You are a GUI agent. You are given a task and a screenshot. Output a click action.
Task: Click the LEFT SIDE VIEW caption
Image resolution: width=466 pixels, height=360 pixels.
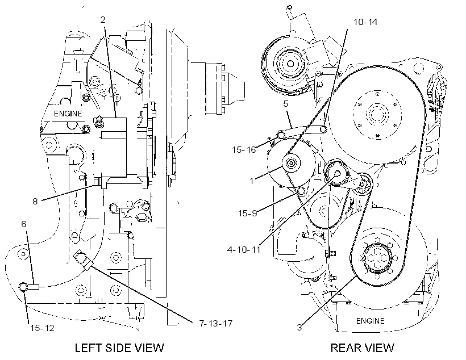coord(119,348)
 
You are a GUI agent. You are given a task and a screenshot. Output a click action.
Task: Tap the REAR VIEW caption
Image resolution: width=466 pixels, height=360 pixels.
coord(362,348)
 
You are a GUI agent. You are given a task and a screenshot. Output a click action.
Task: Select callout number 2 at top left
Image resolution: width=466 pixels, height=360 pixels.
coord(103,20)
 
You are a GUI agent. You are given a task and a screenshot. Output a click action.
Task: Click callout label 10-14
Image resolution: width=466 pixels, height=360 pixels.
coord(365,22)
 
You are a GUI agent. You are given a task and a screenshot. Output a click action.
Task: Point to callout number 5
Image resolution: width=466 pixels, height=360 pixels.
coord(286,104)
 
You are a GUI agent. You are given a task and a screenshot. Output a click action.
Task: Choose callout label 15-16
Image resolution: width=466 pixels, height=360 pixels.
coord(244,149)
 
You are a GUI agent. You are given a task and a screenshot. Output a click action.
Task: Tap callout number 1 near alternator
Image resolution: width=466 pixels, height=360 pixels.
coord(252,181)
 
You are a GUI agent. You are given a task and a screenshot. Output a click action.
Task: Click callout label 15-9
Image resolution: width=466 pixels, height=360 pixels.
coord(248,213)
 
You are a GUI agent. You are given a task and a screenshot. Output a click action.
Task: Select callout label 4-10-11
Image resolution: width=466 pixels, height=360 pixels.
coord(243,249)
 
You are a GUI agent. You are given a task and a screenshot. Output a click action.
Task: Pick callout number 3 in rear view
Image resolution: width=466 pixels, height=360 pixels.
coord(299,327)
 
